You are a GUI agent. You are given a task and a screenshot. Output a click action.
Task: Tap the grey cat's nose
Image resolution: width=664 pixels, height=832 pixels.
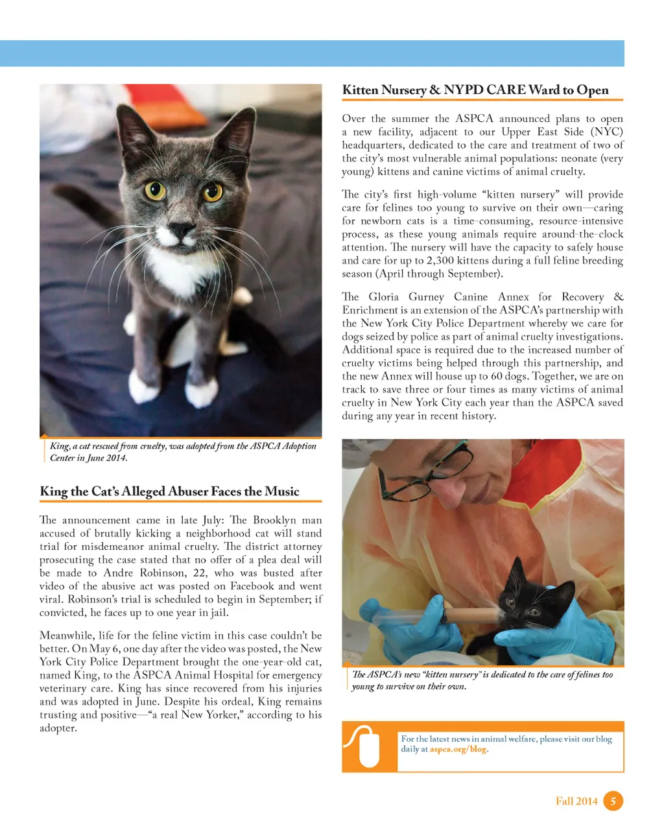[181, 228]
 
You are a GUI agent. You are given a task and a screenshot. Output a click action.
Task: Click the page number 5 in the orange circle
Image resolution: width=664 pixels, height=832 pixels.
[613, 801]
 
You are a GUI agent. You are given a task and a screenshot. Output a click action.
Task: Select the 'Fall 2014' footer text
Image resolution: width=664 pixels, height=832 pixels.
[576, 801]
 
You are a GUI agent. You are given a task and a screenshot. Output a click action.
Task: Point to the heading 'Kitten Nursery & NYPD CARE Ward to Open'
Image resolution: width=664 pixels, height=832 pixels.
[475, 90]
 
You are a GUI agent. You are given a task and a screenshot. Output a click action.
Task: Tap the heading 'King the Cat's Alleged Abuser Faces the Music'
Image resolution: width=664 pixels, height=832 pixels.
[169, 492]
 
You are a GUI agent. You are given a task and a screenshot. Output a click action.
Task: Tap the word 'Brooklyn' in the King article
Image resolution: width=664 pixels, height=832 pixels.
[277, 520]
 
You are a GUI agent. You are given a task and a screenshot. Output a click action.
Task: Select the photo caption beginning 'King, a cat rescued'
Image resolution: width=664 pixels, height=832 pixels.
[182, 451]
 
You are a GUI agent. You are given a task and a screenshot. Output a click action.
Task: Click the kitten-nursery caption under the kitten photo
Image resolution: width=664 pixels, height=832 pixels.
[482, 680]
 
